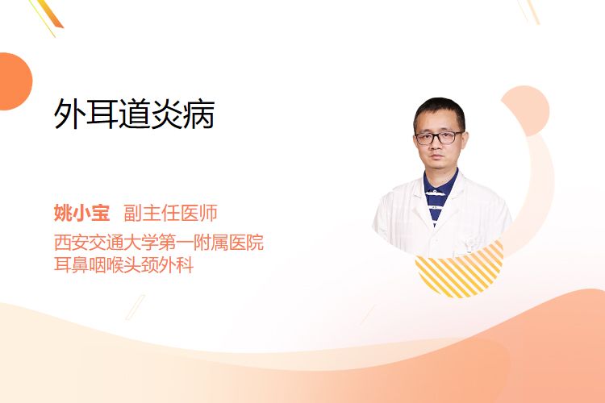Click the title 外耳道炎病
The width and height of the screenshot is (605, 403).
pyautogui.click(x=134, y=114)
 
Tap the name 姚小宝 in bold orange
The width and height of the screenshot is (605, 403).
pyautogui.click(x=81, y=213)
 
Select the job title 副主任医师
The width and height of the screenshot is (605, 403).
pyautogui.click(x=170, y=213)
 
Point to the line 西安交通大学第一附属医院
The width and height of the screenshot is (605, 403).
pyautogui.click(x=159, y=242)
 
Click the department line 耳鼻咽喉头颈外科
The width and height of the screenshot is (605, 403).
pyautogui.click(x=123, y=265)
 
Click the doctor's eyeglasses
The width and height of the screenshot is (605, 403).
pyautogui.click(x=439, y=137)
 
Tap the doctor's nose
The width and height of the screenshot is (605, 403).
pyautogui.click(x=437, y=146)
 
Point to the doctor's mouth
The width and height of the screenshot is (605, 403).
pyautogui.click(x=437, y=158)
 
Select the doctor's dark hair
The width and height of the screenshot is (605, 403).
pyautogui.click(x=439, y=112)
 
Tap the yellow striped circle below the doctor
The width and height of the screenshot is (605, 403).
pyautogui.click(x=459, y=270)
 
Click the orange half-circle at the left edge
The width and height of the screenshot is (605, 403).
pyautogui.click(x=15, y=81)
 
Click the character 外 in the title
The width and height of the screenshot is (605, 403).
pyautogui.click(x=69, y=114)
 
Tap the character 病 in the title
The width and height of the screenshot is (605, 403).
pyautogui.click(x=199, y=114)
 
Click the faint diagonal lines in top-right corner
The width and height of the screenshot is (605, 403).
pyautogui.click(x=529, y=11)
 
